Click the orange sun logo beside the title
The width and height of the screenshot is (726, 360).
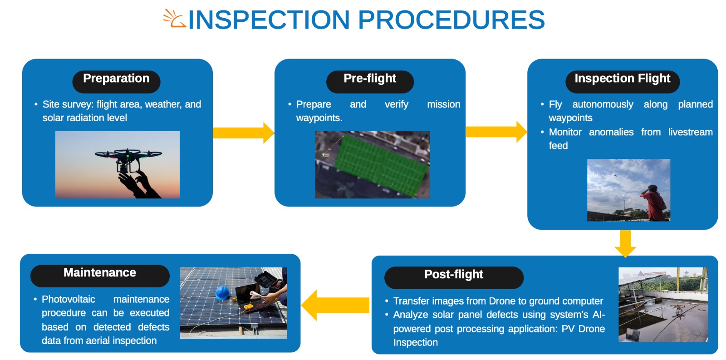[174, 19]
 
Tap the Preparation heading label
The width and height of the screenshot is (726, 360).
[116, 79]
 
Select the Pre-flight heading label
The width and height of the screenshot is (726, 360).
[370, 79]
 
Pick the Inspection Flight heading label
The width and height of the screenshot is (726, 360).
[622, 79]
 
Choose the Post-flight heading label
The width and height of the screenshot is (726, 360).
[453, 275]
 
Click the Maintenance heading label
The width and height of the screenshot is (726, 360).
[100, 273]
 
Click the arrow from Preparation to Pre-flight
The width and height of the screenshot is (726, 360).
[244, 133]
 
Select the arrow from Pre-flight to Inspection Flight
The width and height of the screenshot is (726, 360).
[496, 132]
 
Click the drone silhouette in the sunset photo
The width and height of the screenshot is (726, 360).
[128, 157]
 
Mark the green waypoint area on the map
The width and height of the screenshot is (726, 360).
[381, 163]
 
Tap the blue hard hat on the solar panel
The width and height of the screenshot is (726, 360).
[222, 292]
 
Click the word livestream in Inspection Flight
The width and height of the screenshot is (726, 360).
[690, 132]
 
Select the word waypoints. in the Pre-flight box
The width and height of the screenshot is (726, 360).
[319, 118]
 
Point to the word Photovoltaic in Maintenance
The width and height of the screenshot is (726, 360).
[69, 300]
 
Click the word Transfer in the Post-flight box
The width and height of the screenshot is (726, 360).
[411, 301]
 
